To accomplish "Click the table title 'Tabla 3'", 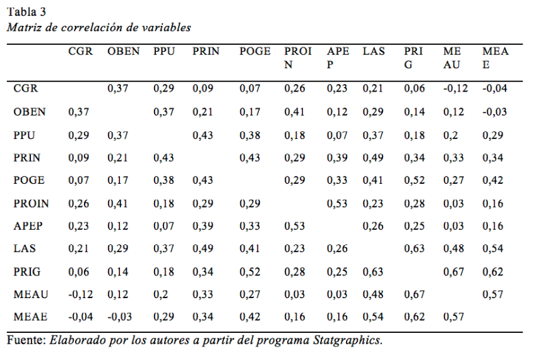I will [27, 12].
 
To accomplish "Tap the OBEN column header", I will [123, 52].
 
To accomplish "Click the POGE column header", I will [255, 52].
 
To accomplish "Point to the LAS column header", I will [374, 52].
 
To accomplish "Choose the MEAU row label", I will [30, 294].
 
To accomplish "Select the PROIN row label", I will [31, 203].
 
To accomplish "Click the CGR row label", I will [25, 89].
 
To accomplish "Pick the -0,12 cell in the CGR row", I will [456, 89].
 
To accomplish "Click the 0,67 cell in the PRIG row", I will [453, 272].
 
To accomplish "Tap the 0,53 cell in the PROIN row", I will [336, 203].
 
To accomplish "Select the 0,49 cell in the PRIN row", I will [372, 158].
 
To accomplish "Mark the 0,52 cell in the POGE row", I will [414, 181].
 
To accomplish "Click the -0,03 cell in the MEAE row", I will [120, 317].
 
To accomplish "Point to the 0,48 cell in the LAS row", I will [453, 249].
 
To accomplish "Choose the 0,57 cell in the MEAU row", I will [492, 294].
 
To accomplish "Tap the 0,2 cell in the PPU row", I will [449, 135].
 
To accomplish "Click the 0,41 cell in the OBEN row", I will [294, 112].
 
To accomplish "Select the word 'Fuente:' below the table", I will [26, 340].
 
